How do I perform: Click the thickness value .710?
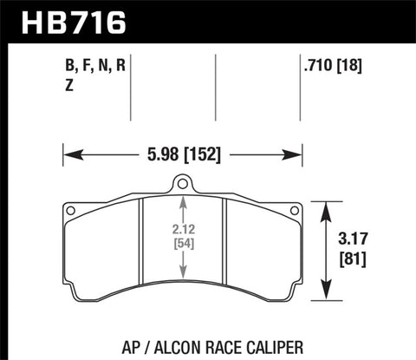click(314, 64)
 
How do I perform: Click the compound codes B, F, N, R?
click(94, 64)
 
